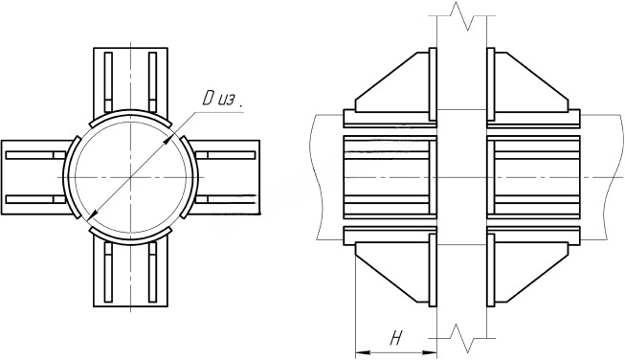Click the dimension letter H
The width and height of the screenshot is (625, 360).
click(x=395, y=339)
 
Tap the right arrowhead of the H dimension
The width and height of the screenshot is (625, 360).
click(x=430, y=352)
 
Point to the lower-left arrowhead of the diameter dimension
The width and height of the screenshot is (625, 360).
click(x=91, y=215)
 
